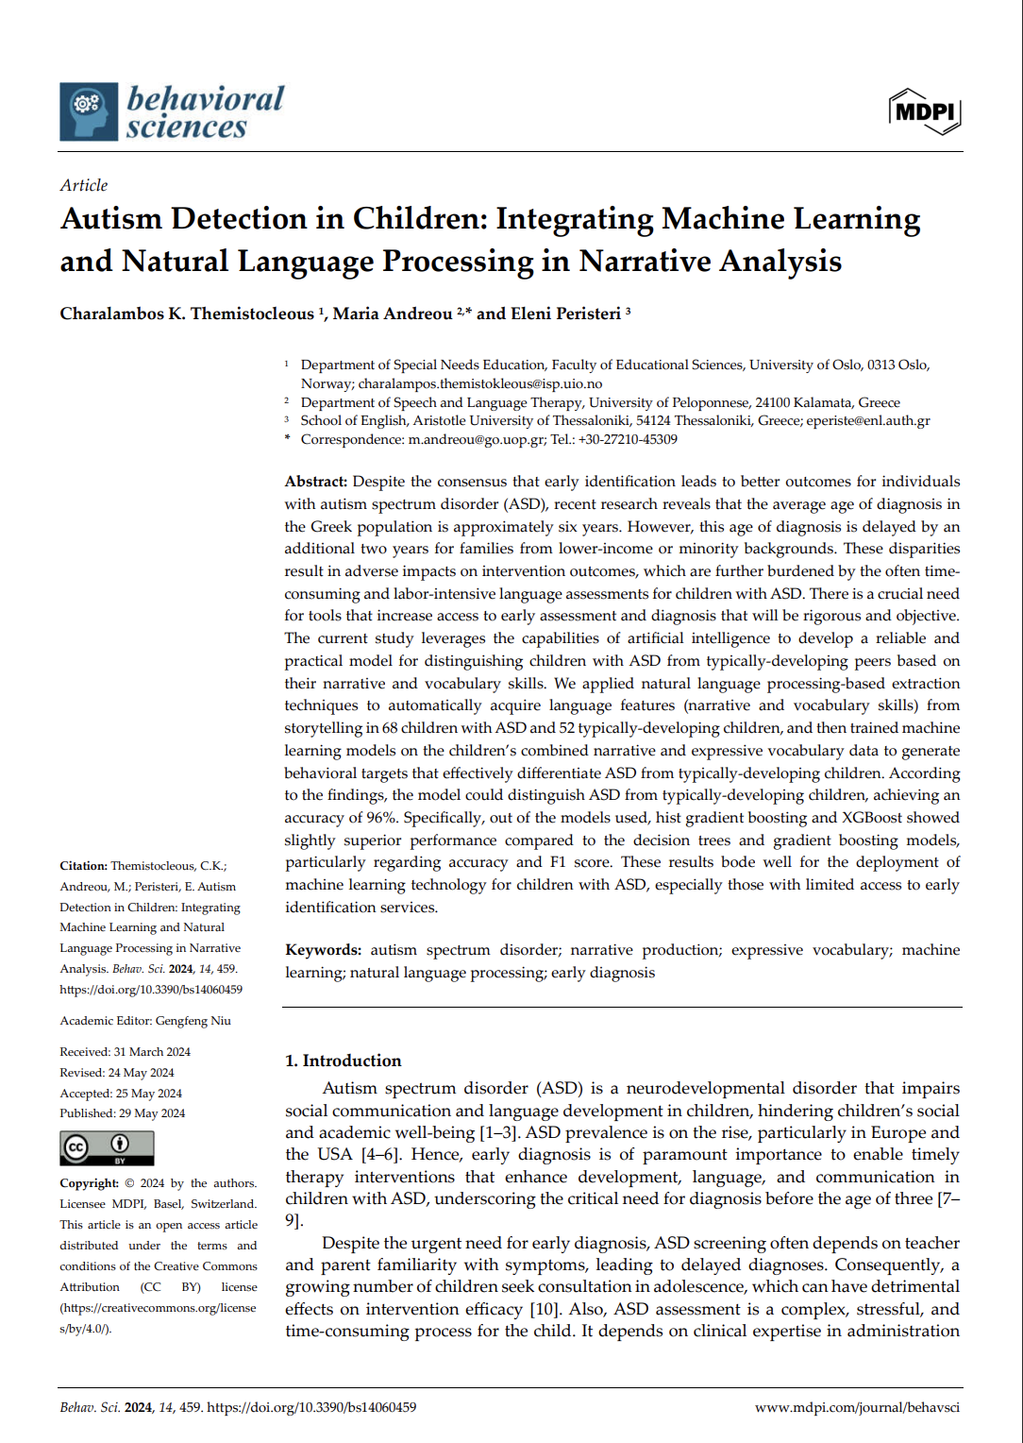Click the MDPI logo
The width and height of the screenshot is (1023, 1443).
925,111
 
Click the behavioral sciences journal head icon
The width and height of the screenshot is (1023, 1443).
89,111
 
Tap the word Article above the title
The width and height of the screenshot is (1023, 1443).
84,185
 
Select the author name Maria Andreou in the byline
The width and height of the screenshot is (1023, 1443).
393,314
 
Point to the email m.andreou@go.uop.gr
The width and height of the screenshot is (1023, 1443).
477,439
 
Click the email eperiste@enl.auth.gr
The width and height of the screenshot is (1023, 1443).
868,420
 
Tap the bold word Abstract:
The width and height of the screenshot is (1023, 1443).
316,482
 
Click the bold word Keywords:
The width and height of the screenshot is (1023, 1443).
323,950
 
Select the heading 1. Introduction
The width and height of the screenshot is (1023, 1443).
344,1061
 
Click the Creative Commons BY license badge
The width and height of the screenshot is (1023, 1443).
107,1147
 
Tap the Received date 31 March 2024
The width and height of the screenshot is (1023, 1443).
152,1052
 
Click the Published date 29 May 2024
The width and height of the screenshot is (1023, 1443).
152,1113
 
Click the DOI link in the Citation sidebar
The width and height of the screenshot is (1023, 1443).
151,990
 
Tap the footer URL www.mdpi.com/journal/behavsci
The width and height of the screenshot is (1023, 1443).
857,1407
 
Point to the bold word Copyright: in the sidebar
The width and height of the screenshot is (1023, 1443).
90,1183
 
